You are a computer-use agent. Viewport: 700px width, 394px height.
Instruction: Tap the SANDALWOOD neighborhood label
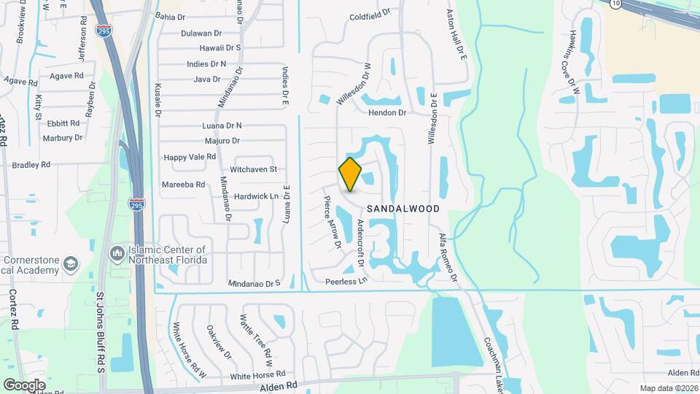pyautogui.click(x=403, y=209)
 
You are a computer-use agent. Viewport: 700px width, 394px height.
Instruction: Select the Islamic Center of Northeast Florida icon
pyautogui.click(x=117, y=253)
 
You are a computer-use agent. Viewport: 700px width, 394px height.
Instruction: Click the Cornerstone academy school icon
pyautogui.click(x=71, y=263)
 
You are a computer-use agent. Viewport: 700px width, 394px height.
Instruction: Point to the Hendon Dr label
pyautogui.click(x=386, y=113)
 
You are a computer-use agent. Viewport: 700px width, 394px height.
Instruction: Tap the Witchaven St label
pyautogui.click(x=254, y=169)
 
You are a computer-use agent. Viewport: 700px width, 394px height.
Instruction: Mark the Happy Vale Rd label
pyautogui.click(x=190, y=157)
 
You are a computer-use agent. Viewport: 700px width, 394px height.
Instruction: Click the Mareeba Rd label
pyautogui.click(x=183, y=185)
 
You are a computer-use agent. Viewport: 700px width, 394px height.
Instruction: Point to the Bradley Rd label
pyautogui.click(x=31, y=165)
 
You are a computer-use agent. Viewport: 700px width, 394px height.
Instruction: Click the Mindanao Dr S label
pyautogui.click(x=254, y=283)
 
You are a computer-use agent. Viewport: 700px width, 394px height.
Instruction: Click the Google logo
pyautogui.click(x=24, y=385)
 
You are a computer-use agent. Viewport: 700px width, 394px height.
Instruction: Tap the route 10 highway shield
pyautogui.click(x=617, y=4)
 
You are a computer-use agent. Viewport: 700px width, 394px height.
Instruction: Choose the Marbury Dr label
pyautogui.click(x=63, y=138)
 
